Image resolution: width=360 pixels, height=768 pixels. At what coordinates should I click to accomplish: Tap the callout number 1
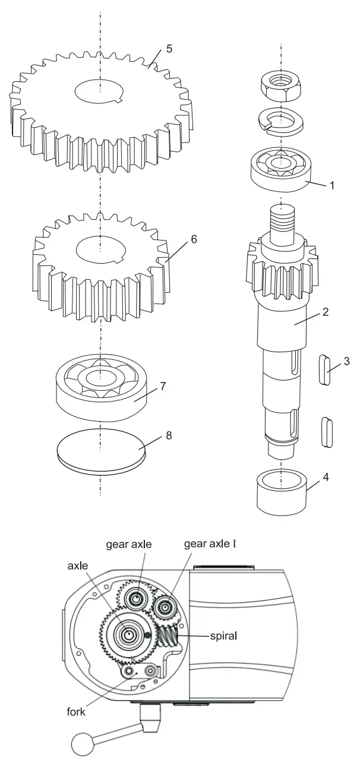click(331, 185)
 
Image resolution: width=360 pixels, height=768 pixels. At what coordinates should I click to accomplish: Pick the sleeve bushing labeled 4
click(281, 492)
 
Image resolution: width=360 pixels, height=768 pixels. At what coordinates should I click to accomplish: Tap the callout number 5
click(169, 49)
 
